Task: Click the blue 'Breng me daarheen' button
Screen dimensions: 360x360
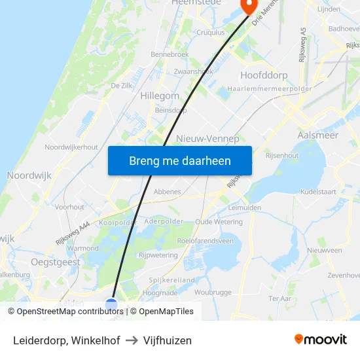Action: tap(179, 160)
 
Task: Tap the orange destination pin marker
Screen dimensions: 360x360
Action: tap(249, 5)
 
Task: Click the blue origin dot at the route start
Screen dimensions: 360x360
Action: tap(111, 304)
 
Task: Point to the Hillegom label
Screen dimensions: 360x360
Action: tap(160, 96)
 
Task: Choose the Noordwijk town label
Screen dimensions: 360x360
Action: tap(29, 175)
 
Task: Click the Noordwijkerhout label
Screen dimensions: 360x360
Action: tap(71, 147)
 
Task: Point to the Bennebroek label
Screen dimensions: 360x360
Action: tap(170, 54)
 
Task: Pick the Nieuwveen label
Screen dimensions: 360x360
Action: tap(324, 250)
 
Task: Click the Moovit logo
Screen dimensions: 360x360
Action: tap(320, 339)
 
